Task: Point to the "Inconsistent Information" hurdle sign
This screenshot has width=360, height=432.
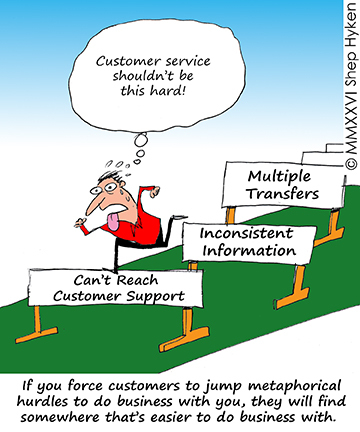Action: point(247,241)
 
